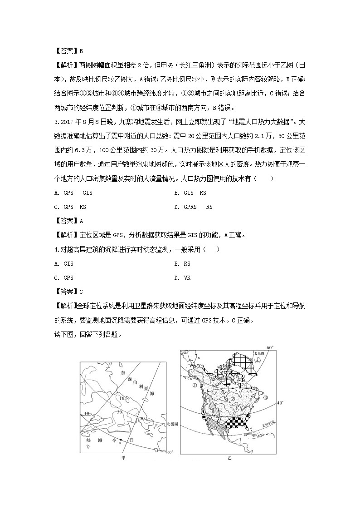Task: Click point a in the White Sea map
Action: pyautogui.click(x=121, y=440)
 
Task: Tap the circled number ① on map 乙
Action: pyautogui.click(x=195, y=386)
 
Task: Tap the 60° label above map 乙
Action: pyautogui.click(x=269, y=347)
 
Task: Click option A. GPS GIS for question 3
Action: pyautogui.click(x=73, y=193)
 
